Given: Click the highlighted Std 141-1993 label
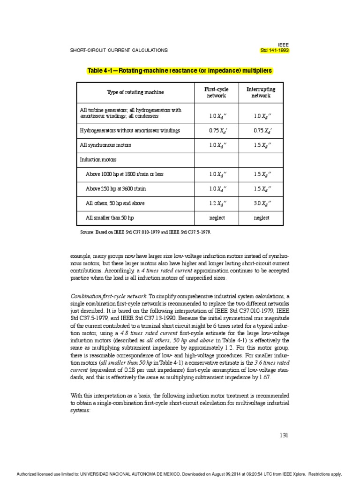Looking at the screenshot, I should pyautogui.click(x=275, y=50).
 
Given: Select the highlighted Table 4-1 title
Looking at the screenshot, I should pyautogui.click(x=180, y=71).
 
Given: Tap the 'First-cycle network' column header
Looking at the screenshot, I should pyautogui.click(x=216, y=92).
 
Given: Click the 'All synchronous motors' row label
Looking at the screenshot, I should pyautogui.click(x=105, y=145).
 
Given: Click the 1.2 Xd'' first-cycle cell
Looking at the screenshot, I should pyautogui.click(x=216, y=203).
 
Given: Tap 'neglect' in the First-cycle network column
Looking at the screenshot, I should pyautogui.click(x=216, y=218).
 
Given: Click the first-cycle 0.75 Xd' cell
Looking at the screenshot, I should pyautogui.click(x=216, y=131).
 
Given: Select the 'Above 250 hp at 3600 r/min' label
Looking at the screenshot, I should pyautogui.click(x=116, y=189).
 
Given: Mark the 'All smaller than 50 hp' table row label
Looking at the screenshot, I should pyautogui.click(x=110, y=218).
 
